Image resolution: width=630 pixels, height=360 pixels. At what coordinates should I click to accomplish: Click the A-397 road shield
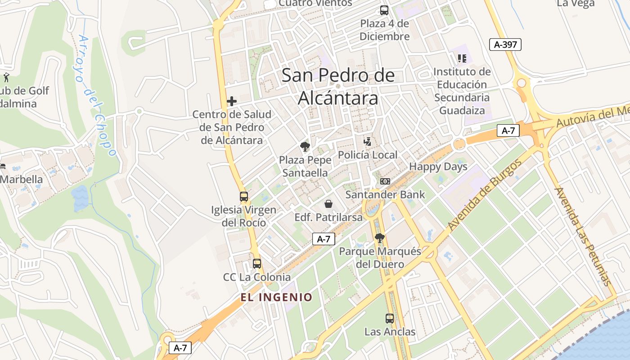(x=505, y=44)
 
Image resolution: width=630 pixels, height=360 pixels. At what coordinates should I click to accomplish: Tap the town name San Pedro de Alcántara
(x=338, y=86)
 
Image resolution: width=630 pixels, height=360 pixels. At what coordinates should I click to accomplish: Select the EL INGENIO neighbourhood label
(x=276, y=297)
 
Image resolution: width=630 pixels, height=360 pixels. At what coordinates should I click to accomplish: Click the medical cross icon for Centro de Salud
(x=232, y=101)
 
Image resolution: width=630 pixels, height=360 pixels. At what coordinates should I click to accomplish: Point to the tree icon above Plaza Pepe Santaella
(x=305, y=146)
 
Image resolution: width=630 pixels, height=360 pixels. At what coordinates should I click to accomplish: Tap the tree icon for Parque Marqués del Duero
(x=380, y=238)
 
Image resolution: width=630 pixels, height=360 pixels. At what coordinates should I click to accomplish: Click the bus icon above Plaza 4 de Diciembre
(x=384, y=10)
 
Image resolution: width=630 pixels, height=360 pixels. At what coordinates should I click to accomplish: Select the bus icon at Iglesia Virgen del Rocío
(x=243, y=197)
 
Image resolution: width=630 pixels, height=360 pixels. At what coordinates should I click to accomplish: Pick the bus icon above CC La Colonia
(x=256, y=264)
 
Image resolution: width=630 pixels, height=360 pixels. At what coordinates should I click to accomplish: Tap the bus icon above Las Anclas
(x=390, y=319)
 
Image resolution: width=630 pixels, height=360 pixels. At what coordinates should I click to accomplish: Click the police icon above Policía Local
(x=368, y=142)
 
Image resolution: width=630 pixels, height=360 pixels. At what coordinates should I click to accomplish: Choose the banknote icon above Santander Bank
(x=385, y=181)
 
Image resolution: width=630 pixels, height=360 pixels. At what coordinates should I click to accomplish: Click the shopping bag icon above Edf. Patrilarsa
(x=328, y=204)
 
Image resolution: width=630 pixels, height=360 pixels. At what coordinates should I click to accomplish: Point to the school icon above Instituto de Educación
(x=462, y=58)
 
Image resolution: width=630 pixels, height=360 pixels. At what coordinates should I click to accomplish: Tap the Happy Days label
(x=438, y=166)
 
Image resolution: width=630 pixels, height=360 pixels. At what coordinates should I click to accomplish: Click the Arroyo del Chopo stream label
(x=97, y=96)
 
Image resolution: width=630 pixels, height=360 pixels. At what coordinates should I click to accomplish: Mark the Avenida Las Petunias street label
(x=583, y=236)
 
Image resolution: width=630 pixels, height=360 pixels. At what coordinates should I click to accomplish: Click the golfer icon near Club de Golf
(x=6, y=77)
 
